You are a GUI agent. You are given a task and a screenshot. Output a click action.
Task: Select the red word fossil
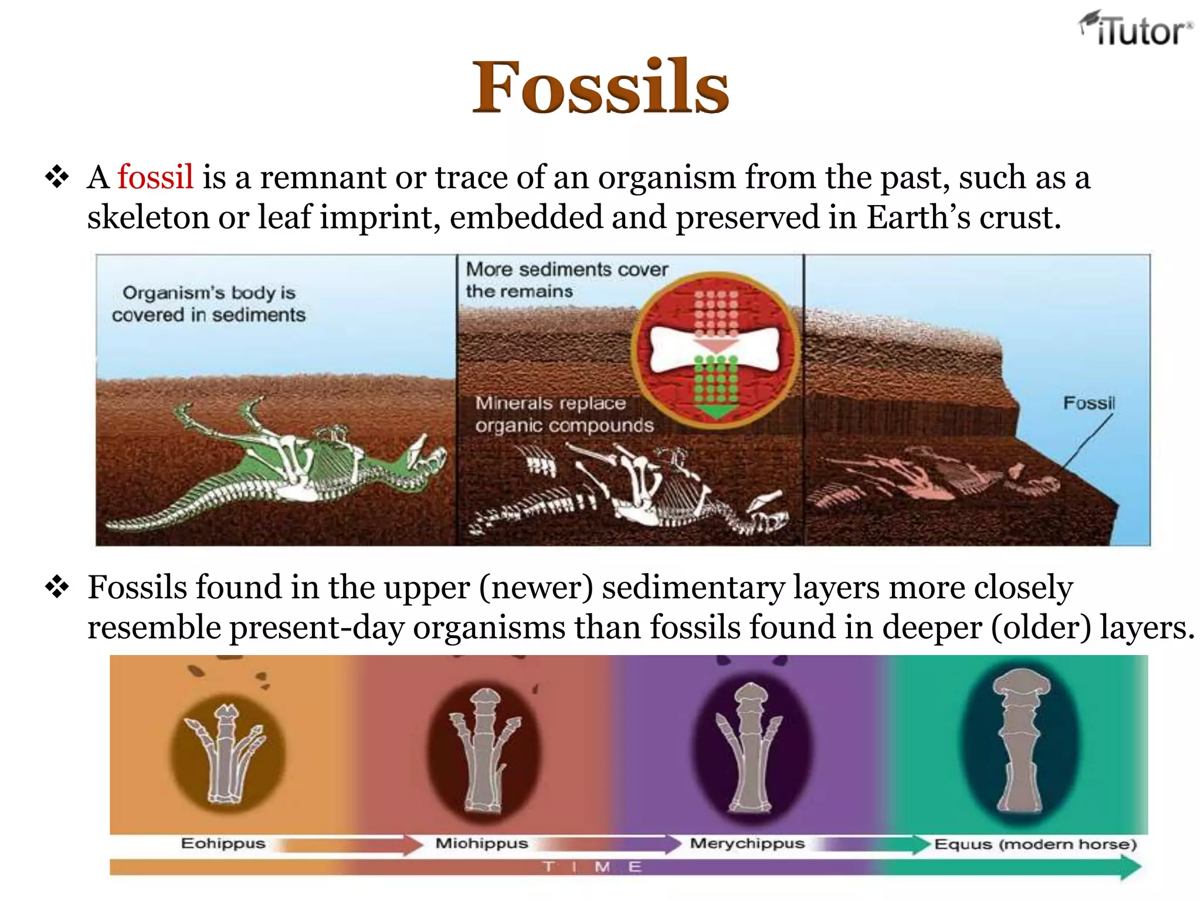(x=155, y=177)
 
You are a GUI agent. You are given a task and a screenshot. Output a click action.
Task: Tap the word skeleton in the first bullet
(x=148, y=217)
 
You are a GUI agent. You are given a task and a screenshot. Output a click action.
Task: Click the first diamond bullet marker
(x=57, y=177)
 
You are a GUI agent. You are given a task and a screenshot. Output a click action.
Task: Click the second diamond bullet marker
(x=57, y=587)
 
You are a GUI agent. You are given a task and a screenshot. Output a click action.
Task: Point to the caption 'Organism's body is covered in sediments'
(x=208, y=304)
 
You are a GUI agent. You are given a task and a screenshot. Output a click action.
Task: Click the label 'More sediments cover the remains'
(x=566, y=280)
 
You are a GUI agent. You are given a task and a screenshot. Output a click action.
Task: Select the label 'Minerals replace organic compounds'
(x=563, y=414)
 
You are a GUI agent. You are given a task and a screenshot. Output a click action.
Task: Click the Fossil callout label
(x=1088, y=403)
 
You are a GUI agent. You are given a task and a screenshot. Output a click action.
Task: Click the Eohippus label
(x=223, y=844)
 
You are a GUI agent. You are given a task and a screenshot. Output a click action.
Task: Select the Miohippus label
(x=481, y=844)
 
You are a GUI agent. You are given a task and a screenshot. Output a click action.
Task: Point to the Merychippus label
(x=747, y=844)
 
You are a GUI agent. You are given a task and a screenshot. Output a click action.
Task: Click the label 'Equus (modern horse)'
(x=1035, y=844)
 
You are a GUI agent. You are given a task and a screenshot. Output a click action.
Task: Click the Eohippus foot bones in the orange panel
(x=226, y=753)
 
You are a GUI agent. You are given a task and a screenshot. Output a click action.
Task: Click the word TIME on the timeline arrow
(x=592, y=867)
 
